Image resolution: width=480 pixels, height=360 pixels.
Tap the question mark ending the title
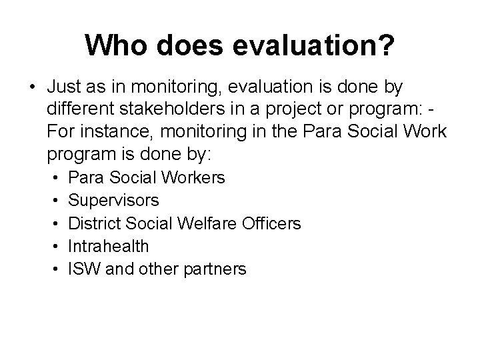point(387,46)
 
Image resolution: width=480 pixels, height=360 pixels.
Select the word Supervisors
point(114,201)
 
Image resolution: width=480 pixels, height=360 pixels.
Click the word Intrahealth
point(109,246)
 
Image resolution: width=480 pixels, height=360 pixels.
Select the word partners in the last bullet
point(215,269)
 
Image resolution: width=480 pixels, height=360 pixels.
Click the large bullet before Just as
point(33,88)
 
